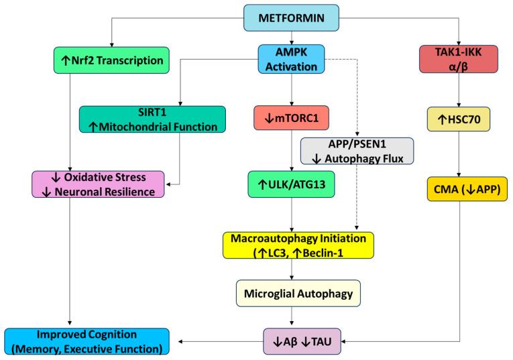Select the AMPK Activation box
(291, 59)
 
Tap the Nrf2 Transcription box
(111, 61)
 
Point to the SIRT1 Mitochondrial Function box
(152, 118)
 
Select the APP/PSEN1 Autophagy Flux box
(357, 151)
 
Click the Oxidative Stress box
(99, 184)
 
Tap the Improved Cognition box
(86, 341)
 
